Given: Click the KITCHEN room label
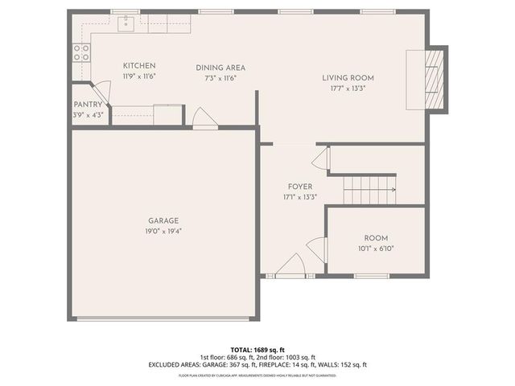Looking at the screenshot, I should [x=138, y=66].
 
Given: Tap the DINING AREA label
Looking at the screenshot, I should [x=220, y=68].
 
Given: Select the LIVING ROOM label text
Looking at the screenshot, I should [x=348, y=78].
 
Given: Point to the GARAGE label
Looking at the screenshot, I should [x=163, y=221].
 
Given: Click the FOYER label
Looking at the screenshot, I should [x=300, y=187].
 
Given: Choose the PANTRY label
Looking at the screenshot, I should [x=88, y=105].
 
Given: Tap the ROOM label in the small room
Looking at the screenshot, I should [x=377, y=238].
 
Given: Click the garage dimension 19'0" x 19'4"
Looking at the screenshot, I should [x=163, y=232].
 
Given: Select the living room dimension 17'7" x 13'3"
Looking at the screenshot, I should [x=348, y=88].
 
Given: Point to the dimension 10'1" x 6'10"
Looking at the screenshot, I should [x=377, y=248].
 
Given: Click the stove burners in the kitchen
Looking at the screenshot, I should [x=81, y=52].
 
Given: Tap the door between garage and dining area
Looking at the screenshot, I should [x=204, y=118].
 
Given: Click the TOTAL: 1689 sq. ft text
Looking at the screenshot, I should [x=257, y=350].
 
